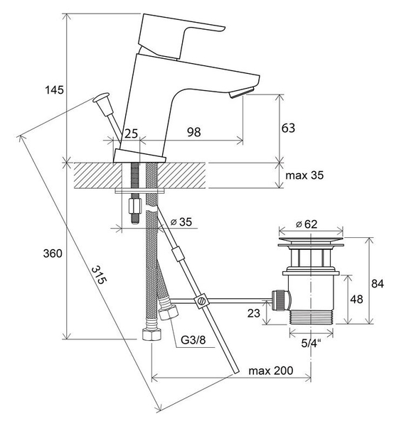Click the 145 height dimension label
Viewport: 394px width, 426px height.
(x=55, y=89)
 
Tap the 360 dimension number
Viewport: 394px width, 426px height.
(x=53, y=253)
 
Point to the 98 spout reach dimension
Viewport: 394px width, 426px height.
(x=194, y=132)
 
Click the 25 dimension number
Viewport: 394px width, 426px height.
(x=131, y=133)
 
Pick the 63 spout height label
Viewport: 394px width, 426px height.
(x=288, y=128)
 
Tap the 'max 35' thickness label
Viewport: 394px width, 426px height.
(x=304, y=175)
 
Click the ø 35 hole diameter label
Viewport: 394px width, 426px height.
(x=181, y=222)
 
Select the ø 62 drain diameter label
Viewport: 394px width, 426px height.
(x=307, y=224)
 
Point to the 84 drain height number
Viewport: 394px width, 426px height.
(x=378, y=283)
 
